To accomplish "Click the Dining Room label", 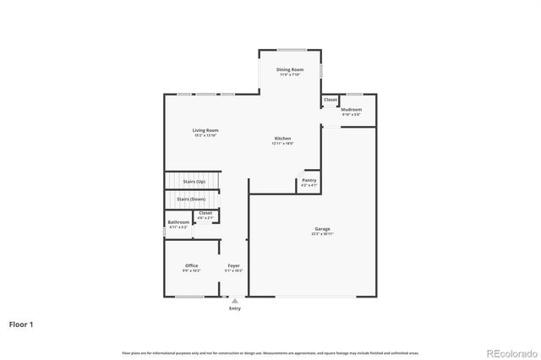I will (x=290, y=70).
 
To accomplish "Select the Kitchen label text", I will (x=282, y=139).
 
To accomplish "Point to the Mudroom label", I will (x=351, y=109).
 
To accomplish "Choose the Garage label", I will (x=323, y=229).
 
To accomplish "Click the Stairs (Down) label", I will (x=191, y=199).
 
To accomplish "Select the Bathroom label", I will (x=178, y=222).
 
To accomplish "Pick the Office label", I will (x=192, y=265).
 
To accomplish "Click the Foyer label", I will (x=234, y=265).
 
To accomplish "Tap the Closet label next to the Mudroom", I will (x=330, y=100).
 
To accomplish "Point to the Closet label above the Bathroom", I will (x=205, y=213).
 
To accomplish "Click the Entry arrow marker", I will (x=235, y=299).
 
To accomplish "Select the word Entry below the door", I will (x=235, y=308).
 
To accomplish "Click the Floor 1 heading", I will (x=22, y=324).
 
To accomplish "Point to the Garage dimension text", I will (x=323, y=234).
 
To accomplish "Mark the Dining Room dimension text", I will (x=290, y=75).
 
